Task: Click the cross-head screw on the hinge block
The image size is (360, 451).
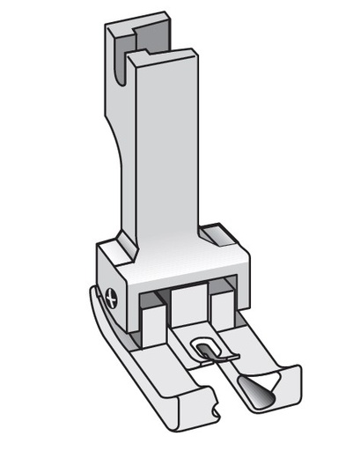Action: click(x=108, y=296)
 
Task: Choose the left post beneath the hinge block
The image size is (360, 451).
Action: click(x=151, y=314)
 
